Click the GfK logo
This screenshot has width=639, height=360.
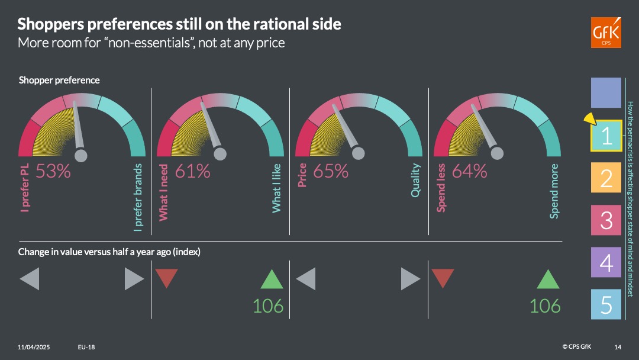coord(606,33)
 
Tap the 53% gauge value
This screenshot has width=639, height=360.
coord(53,171)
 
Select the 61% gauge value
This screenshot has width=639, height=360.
coord(192,171)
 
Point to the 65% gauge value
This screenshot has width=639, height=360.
coord(331,171)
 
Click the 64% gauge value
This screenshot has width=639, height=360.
coord(469,171)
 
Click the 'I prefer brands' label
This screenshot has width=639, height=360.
coord(138,197)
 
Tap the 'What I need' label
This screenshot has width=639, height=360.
coord(163,192)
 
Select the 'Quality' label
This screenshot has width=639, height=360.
coord(415,180)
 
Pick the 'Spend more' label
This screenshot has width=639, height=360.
coord(554,191)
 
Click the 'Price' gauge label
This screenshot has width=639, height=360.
coord(302,175)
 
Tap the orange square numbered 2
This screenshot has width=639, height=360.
coord(606,178)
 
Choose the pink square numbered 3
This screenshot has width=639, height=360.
coord(606,220)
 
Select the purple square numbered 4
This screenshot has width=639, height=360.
coord(606,262)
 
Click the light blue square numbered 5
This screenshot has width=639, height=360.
coord(606,304)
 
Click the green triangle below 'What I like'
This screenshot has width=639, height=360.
coord(272,279)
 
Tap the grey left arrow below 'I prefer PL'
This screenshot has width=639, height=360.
coord(30,279)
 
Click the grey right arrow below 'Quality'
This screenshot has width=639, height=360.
coord(411,279)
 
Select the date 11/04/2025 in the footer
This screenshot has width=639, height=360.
coord(33,347)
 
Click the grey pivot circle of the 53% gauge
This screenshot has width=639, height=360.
coord(80,155)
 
